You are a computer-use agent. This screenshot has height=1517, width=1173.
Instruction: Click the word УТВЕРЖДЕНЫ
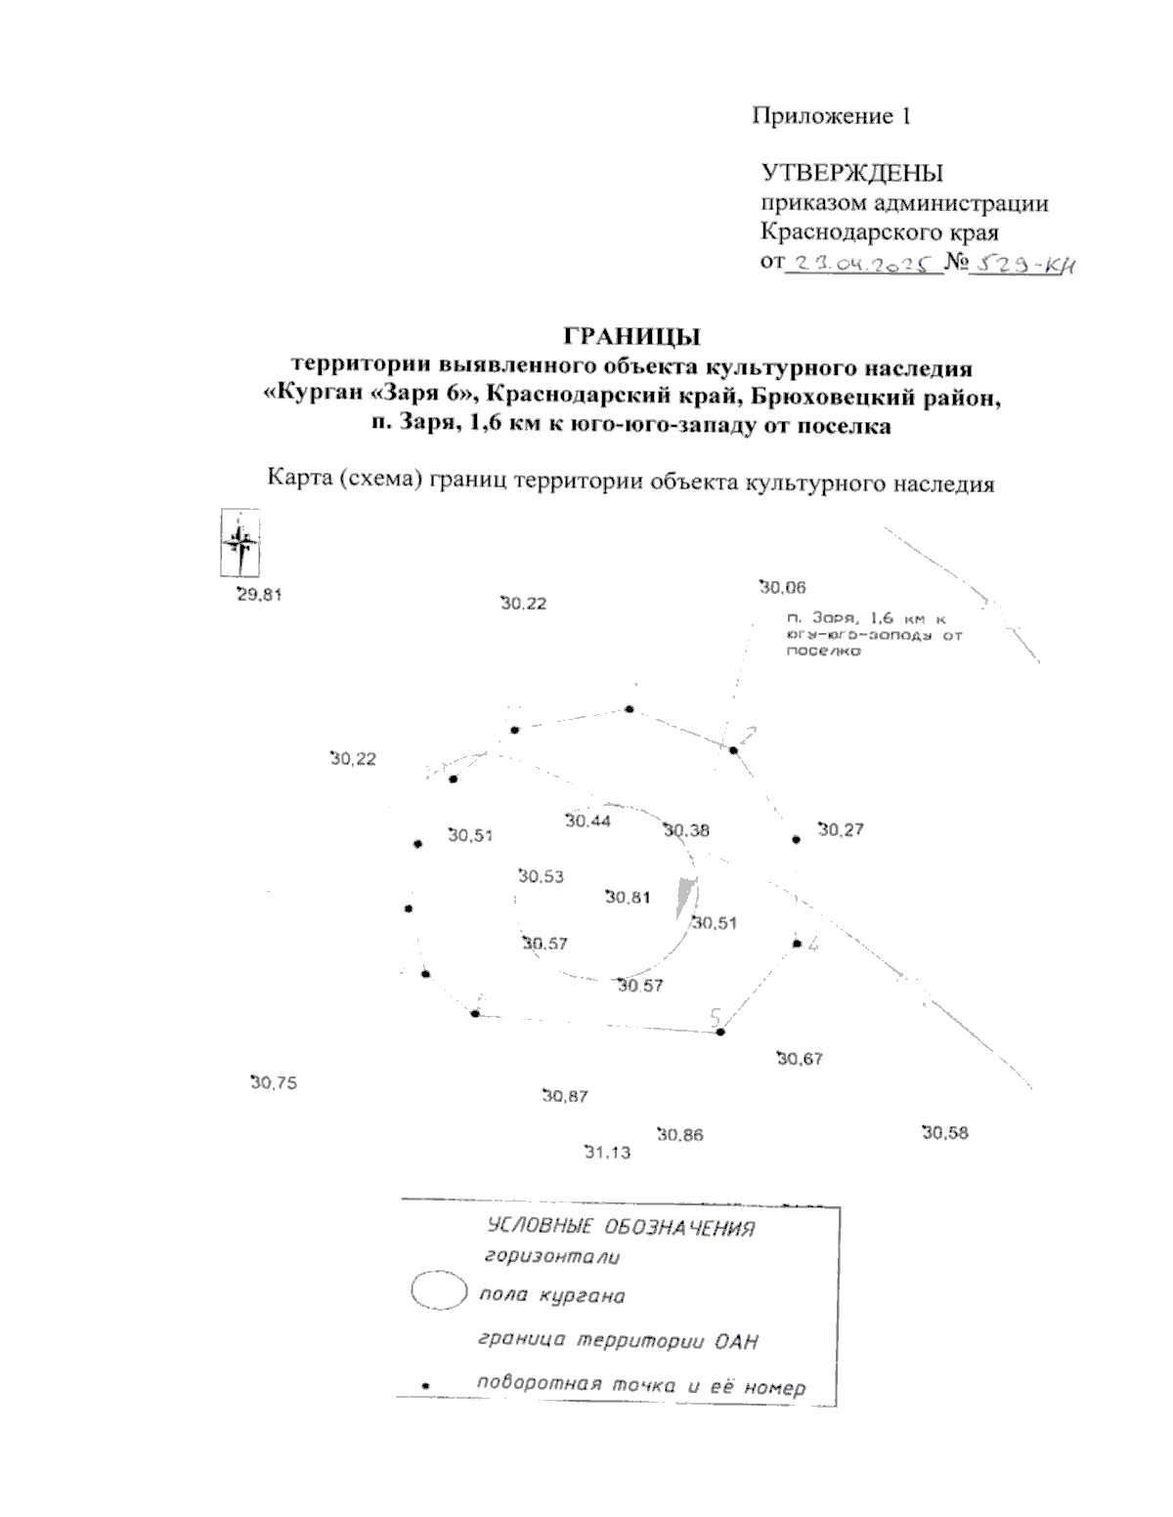pyautogui.click(x=852, y=174)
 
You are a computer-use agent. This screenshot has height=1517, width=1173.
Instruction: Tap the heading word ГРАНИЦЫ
pyautogui.click(x=632, y=338)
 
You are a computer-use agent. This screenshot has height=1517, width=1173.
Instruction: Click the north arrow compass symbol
pyautogui.click(x=239, y=543)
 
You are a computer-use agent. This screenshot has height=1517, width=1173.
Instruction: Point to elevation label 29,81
pyautogui.click(x=259, y=594)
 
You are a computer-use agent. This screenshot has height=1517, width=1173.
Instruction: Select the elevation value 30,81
pyautogui.click(x=628, y=897)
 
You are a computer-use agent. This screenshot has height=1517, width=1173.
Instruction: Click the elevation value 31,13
pyautogui.click(x=607, y=1152)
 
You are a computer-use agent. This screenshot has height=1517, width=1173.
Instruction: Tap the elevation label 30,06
pyautogui.click(x=783, y=587)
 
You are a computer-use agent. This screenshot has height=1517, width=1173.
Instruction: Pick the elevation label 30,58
pyautogui.click(x=944, y=1133)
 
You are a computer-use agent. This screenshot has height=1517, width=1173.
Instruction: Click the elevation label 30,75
pyautogui.click(x=274, y=1082)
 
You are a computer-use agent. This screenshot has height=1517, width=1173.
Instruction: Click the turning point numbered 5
pyautogui.click(x=720, y=1032)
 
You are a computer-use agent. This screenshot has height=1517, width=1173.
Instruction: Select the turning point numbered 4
pyautogui.click(x=797, y=944)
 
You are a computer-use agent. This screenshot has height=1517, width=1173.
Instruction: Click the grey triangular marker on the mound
pyautogui.click(x=687, y=897)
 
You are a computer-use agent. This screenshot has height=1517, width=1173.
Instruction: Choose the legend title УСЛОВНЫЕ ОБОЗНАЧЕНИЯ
pyautogui.click(x=621, y=1228)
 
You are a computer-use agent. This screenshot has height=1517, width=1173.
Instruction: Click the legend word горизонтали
pyautogui.click(x=552, y=1259)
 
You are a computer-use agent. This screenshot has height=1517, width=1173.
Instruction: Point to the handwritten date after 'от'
pyautogui.click(x=863, y=265)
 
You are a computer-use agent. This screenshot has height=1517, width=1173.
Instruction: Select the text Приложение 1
pyautogui.click(x=831, y=116)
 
